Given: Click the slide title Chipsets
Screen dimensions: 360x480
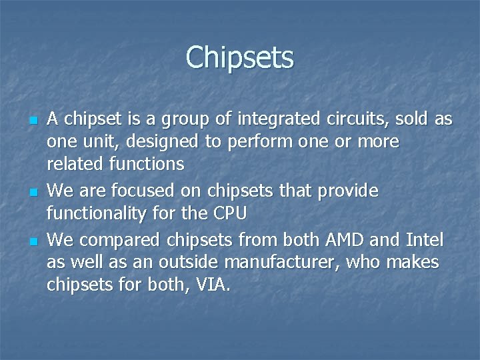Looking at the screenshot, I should click(239, 57).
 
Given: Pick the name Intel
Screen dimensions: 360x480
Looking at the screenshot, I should click(425, 239).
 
